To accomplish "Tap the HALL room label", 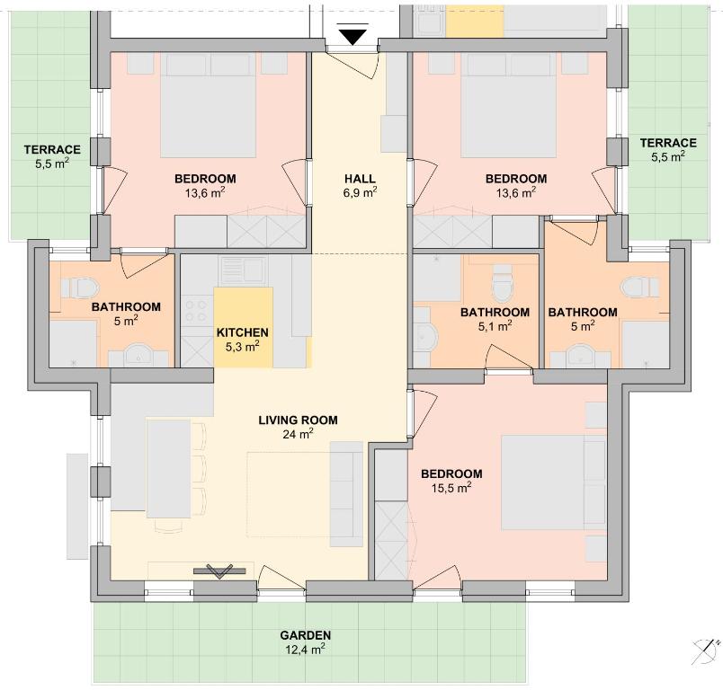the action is point(360,178).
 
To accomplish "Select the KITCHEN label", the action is point(243,332).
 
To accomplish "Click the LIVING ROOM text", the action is point(298,420).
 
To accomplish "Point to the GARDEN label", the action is point(305,635).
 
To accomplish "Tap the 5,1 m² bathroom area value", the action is point(495,326).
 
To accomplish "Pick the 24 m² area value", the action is point(299,434).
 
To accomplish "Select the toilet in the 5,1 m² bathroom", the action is point(503,282).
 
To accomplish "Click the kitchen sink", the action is point(243,270).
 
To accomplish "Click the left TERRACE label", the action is point(52,150).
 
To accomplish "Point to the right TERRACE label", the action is point(668,143).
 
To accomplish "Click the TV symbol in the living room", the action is point(219,571).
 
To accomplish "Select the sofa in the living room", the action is point(347,494).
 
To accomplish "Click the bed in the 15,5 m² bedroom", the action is point(553,482).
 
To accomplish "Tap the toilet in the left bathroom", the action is point(80,287).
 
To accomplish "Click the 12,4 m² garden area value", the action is point(305,650).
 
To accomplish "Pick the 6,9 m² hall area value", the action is point(360,192).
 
